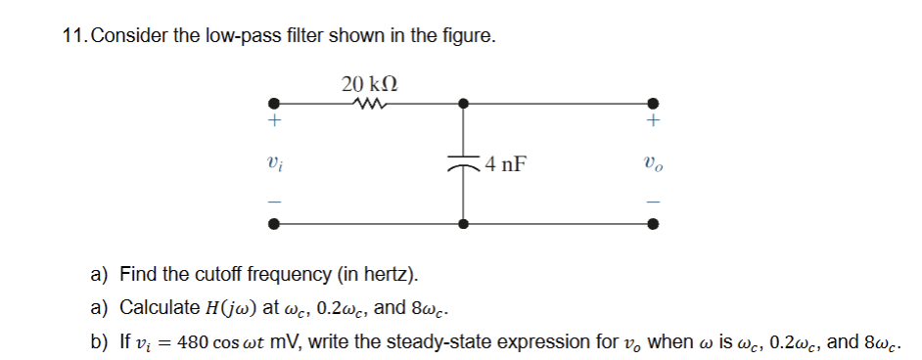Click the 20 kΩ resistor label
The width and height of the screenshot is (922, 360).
(369, 84)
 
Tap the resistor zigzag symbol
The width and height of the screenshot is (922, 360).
(369, 101)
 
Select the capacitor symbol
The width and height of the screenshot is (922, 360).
(463, 164)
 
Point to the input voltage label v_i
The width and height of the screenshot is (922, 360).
(276, 163)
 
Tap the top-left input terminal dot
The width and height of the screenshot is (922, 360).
(276, 101)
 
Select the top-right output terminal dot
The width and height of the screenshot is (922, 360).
(654, 101)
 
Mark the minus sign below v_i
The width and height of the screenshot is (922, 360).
(276, 201)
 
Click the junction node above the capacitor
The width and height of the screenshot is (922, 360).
(463, 101)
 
